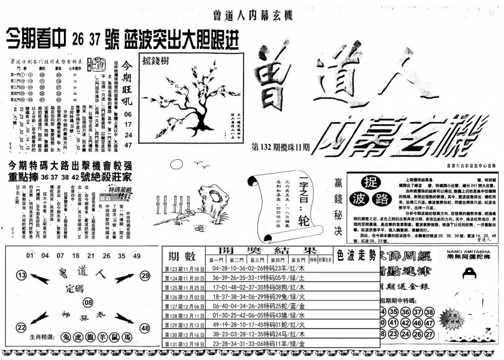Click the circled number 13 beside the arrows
[21, 276]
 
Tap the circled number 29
[145, 276]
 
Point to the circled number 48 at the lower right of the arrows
[145, 328]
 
